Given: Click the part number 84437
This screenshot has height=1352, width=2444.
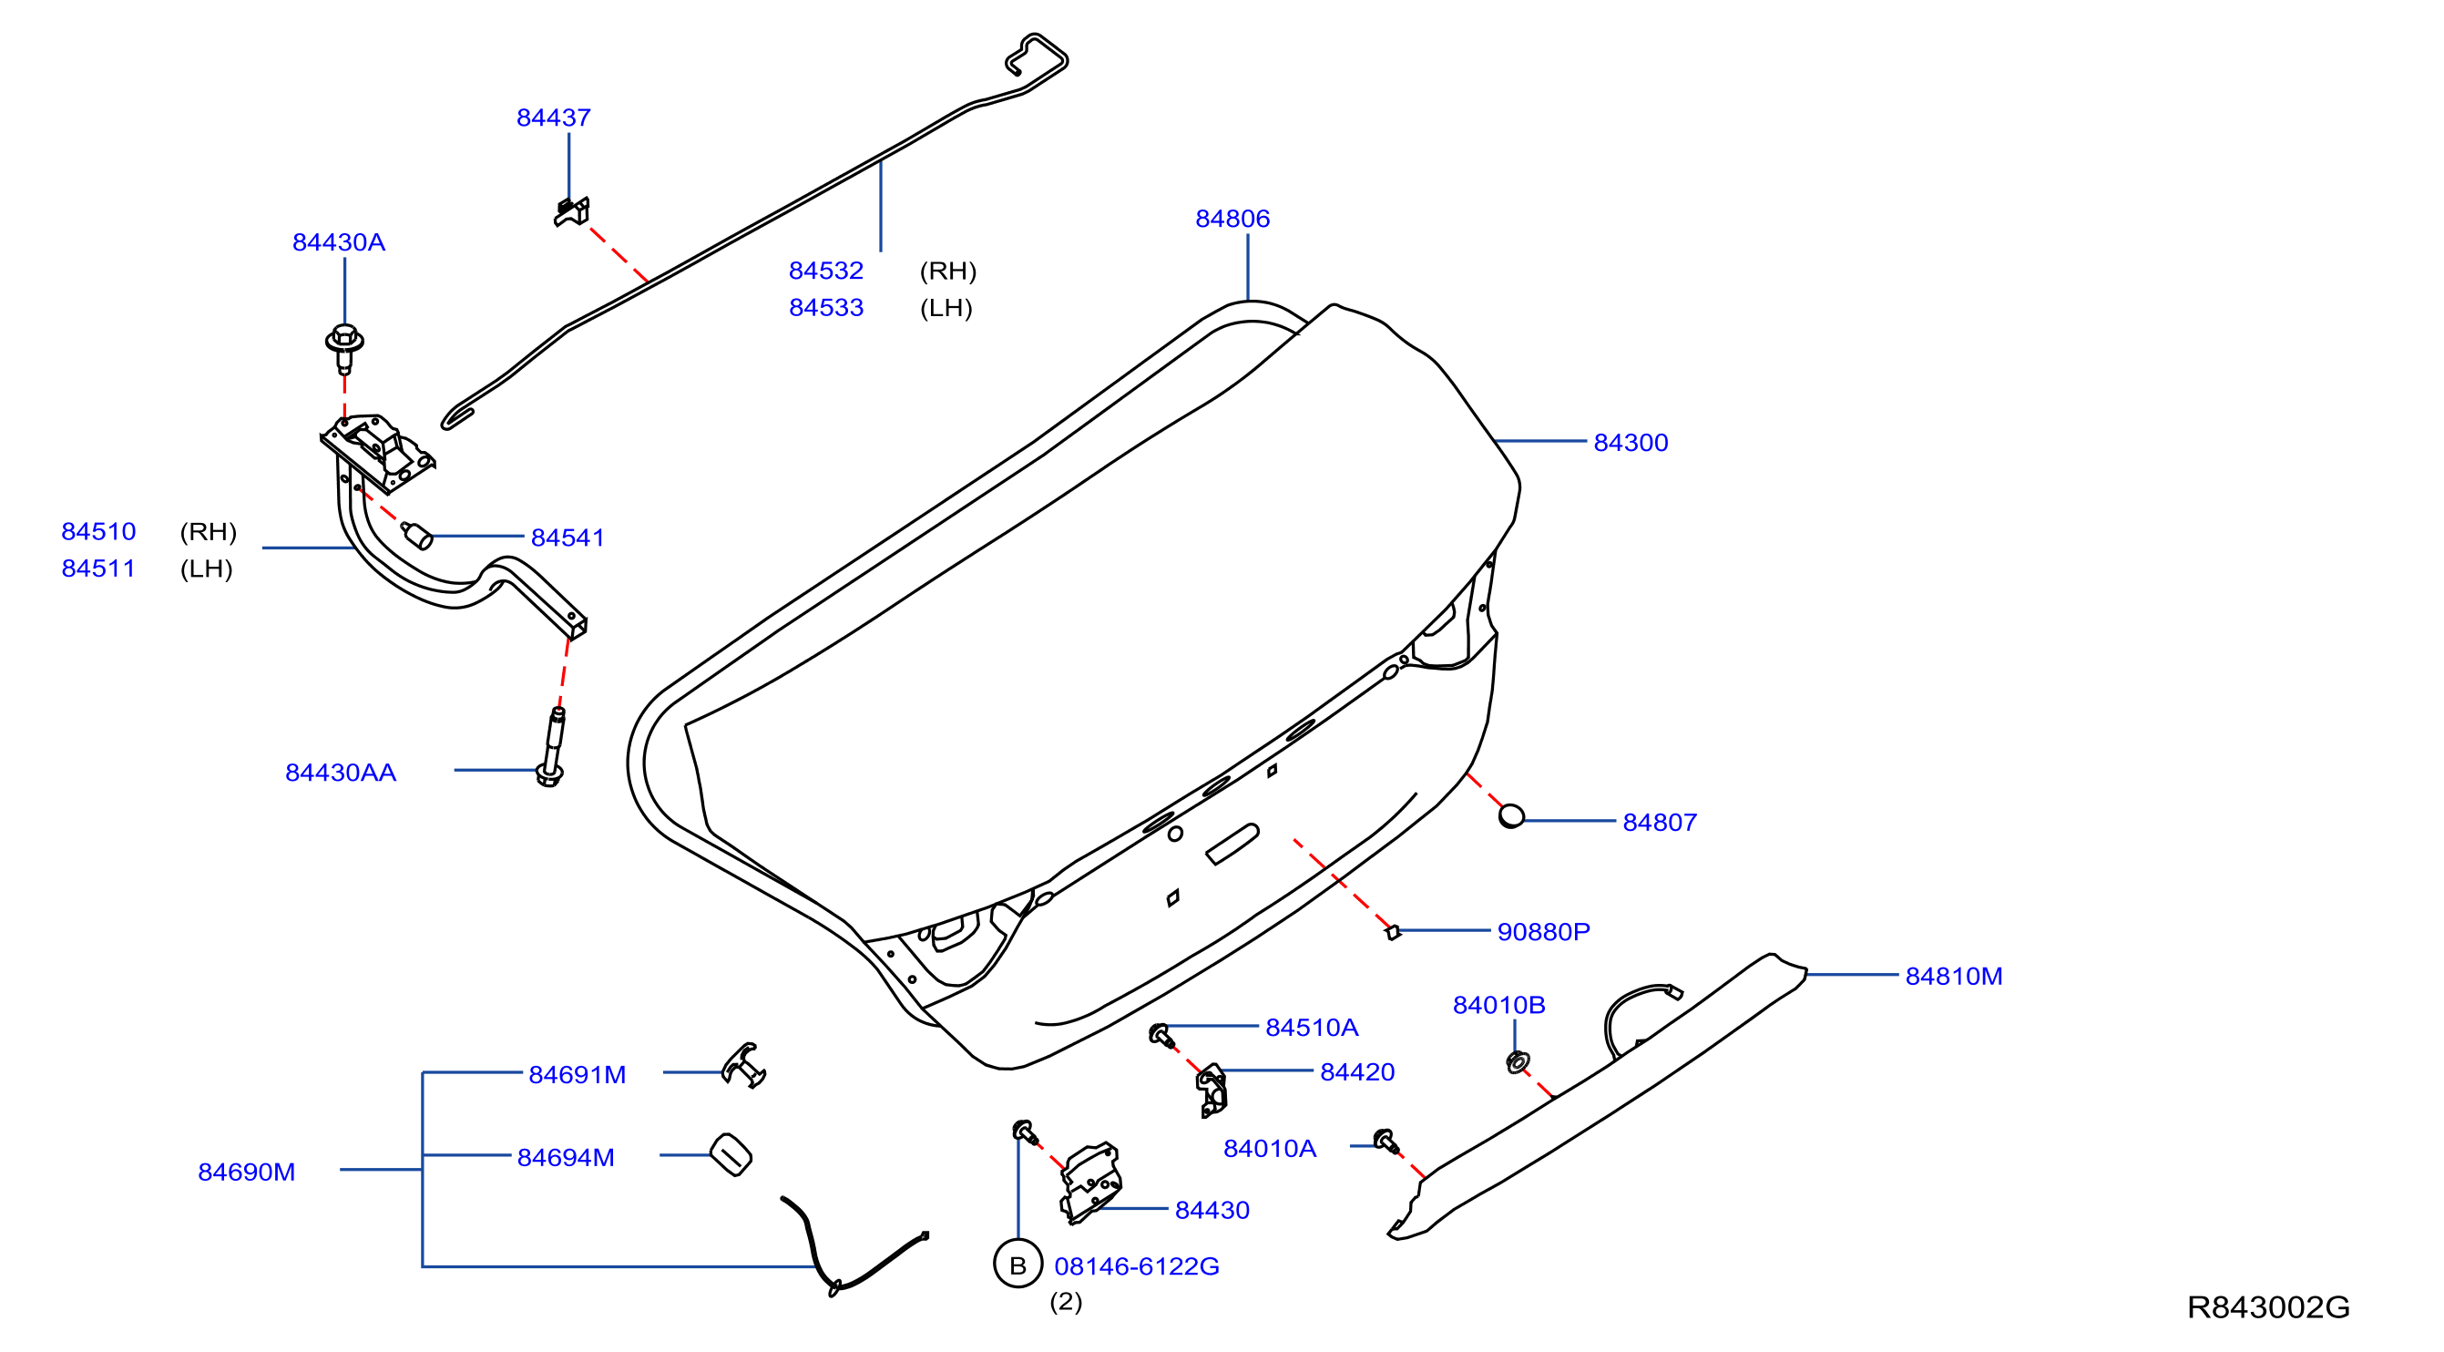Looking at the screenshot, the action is point(553,118).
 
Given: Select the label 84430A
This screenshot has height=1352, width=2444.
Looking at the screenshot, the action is point(339,242).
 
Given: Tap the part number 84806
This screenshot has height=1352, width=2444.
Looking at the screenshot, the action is point(1232,219).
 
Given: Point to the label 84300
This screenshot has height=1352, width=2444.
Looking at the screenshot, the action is point(1631,442).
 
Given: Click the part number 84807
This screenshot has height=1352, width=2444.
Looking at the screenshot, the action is point(1660,822).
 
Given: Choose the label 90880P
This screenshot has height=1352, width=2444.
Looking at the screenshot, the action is point(1544,932).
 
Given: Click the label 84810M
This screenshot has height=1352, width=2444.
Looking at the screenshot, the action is point(1954,976).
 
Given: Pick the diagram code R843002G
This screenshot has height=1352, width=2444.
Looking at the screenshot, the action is point(2268,1307).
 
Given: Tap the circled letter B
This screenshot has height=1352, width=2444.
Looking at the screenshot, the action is point(1018,1265).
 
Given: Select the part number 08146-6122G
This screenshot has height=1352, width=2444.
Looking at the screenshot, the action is point(1137,1265).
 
